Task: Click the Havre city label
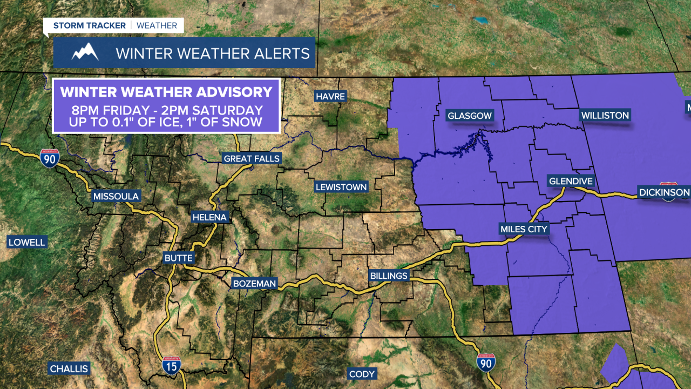pos(331,96)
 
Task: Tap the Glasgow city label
pos(470,116)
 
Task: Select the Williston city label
pos(605,115)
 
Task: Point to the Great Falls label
pos(252,158)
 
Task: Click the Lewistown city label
pos(341,187)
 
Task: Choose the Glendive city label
pos(571,181)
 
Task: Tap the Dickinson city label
pos(664,192)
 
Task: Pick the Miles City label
pos(524,229)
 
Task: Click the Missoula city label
pos(116,196)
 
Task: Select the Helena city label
pos(210,217)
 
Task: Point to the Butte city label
pos(179,258)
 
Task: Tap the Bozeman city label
pos(254,283)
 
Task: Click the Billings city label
pos(389,276)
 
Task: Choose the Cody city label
pos(362,374)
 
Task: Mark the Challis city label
pos(69,369)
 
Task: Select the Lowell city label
pos(27,242)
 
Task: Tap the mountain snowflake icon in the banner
pos(85,52)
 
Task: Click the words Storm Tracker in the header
pos(89,25)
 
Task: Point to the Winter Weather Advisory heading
pos(166,91)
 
